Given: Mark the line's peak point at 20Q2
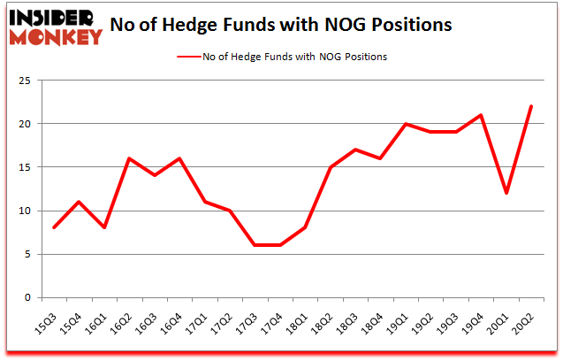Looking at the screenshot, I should (530, 107).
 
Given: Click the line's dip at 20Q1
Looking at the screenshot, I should (506, 194).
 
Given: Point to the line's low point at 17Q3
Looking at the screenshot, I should (255, 246).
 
